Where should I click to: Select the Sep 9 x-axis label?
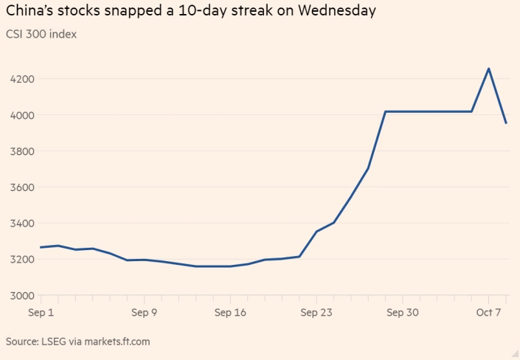pos(145,313)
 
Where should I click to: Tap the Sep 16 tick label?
pos(230,313)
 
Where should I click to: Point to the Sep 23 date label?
pos(316,313)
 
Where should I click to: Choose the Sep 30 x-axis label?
pos(403,313)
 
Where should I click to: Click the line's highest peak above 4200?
pos(488,69)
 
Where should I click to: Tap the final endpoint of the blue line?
pos(506,123)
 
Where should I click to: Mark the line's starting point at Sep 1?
pos(41,247)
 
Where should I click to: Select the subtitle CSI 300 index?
pos(41,34)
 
